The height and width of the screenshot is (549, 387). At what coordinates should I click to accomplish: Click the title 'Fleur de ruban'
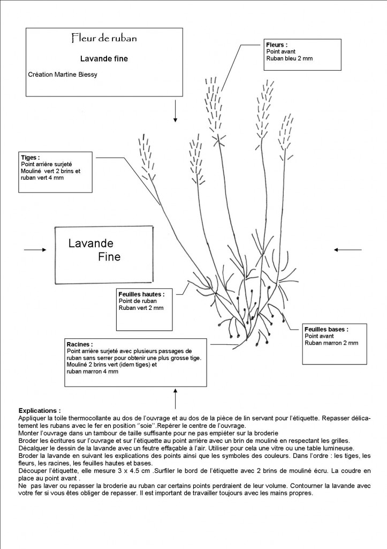(104, 38)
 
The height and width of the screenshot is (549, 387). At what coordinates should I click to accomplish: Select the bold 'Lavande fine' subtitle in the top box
(104, 59)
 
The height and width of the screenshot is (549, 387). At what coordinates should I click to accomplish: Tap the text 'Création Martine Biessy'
(63, 75)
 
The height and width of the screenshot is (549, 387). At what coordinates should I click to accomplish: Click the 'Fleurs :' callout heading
(277, 45)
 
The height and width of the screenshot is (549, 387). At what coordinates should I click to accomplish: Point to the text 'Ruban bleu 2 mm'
(289, 58)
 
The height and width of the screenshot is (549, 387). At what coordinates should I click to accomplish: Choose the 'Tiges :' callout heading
(30, 158)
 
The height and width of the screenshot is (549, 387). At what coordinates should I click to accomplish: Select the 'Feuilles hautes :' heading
(141, 294)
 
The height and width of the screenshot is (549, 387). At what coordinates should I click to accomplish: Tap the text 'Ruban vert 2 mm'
(141, 308)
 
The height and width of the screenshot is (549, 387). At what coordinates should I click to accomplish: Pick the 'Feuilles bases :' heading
(326, 329)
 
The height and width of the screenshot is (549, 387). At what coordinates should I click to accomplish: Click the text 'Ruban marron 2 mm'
(331, 343)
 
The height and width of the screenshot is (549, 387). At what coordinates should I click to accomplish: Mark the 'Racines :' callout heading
(80, 344)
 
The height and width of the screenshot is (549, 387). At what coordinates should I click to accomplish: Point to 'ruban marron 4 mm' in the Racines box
(92, 372)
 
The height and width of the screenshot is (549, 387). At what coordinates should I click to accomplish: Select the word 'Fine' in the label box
(109, 257)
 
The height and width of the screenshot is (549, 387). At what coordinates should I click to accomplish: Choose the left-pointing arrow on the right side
(347, 249)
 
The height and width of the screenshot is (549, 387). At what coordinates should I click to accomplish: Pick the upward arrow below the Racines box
(175, 400)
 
